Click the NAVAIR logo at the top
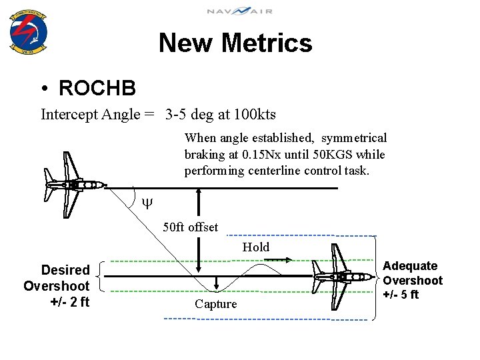tap(239, 11)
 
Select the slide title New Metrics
tap(235, 43)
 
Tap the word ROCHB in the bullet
tap(97, 87)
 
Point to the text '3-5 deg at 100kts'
tap(221, 115)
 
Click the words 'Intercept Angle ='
tap(99, 115)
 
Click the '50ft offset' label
tap(191, 227)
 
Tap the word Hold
tap(256, 247)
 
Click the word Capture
tap(216, 304)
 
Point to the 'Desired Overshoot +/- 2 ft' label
tap(57, 286)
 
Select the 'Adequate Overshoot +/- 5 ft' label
tap(412, 280)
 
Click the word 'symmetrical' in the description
tap(353, 138)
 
